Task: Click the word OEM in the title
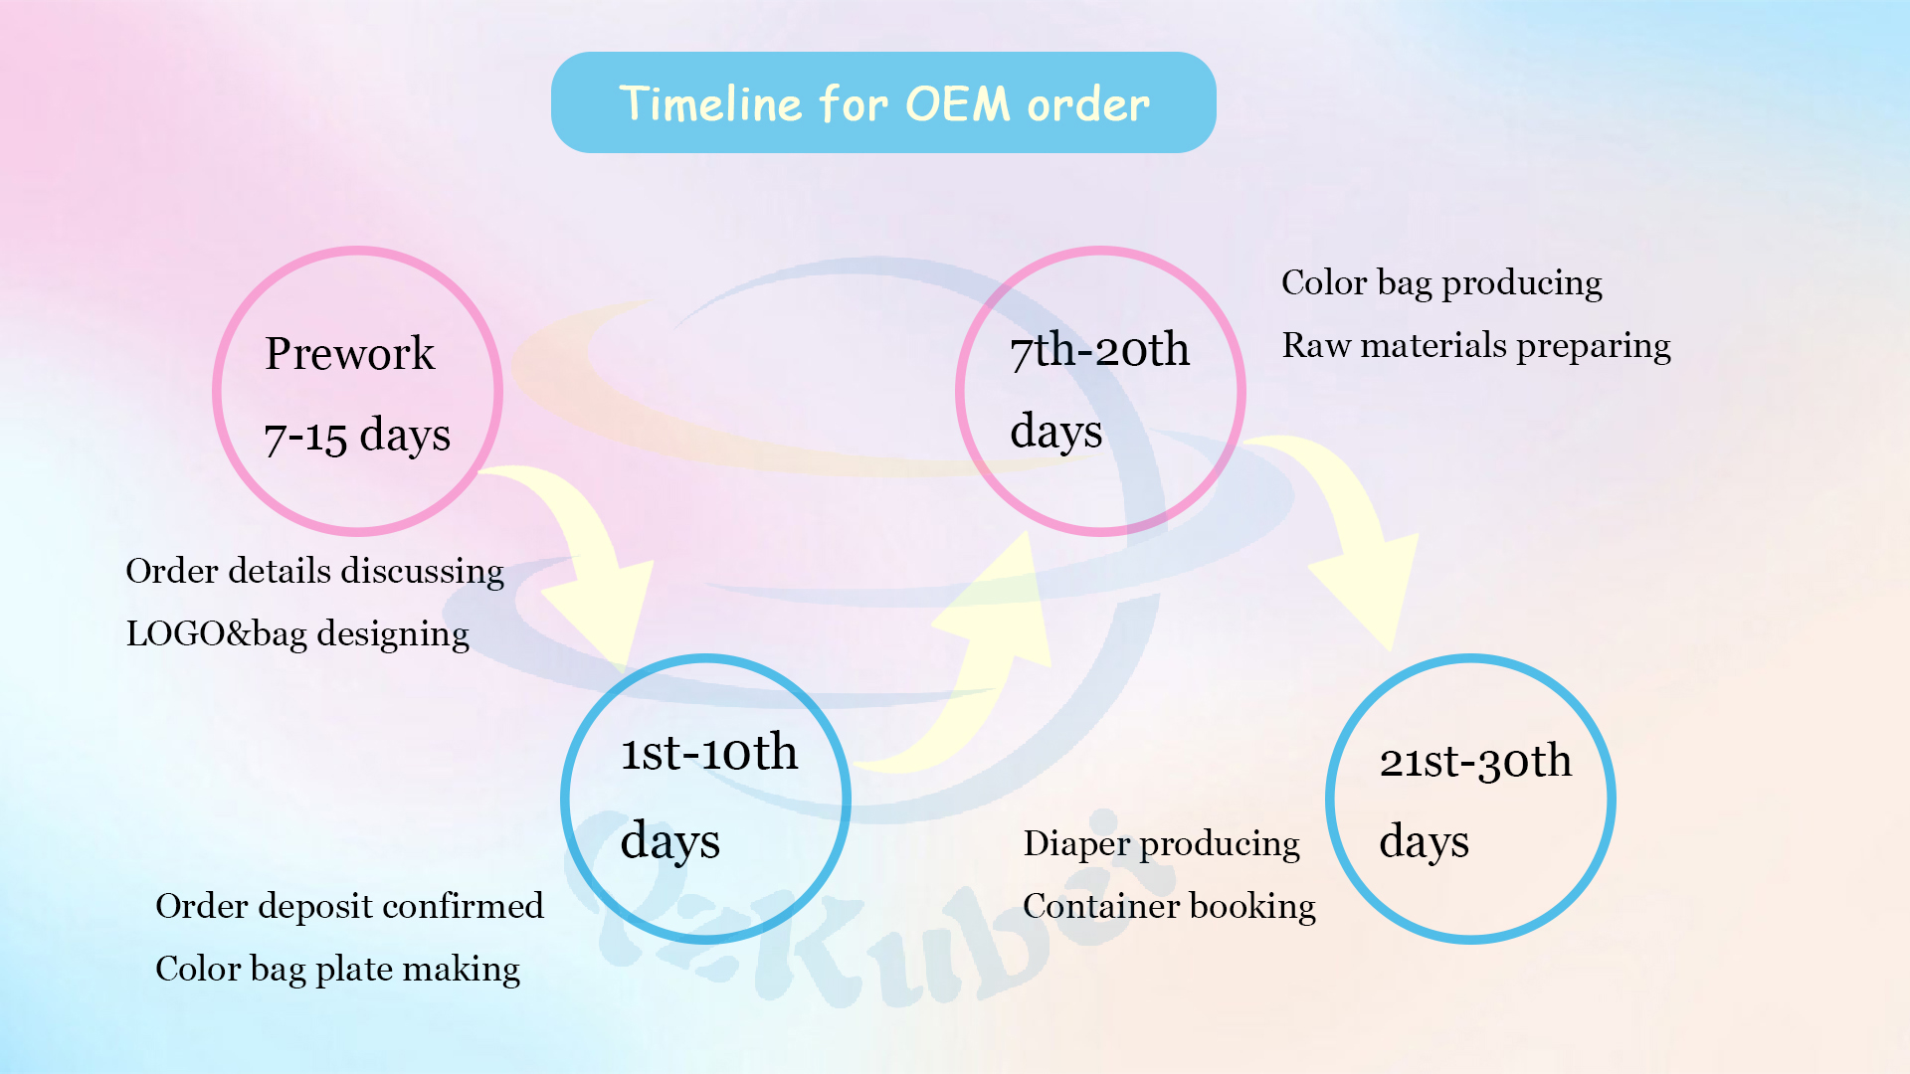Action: [x=958, y=104]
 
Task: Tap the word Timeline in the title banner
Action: [x=710, y=104]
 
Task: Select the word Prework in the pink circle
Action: [x=349, y=354]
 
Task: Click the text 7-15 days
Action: [x=357, y=436]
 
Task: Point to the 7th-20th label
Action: [x=1099, y=350]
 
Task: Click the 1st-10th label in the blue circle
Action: [x=709, y=753]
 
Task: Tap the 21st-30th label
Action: [x=1475, y=762]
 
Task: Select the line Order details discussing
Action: [x=314, y=572]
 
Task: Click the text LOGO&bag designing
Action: [x=297, y=634]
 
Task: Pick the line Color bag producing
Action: [x=1441, y=283]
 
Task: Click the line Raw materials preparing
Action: [x=1476, y=346]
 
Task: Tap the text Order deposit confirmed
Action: [x=349, y=907]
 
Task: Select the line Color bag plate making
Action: [x=337, y=970]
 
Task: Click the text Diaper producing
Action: [x=1161, y=844]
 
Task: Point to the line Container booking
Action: [x=1169, y=907]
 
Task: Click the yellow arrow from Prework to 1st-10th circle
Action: [x=587, y=567]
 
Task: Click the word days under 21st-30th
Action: [x=1424, y=842]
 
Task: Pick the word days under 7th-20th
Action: [x=1055, y=433]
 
